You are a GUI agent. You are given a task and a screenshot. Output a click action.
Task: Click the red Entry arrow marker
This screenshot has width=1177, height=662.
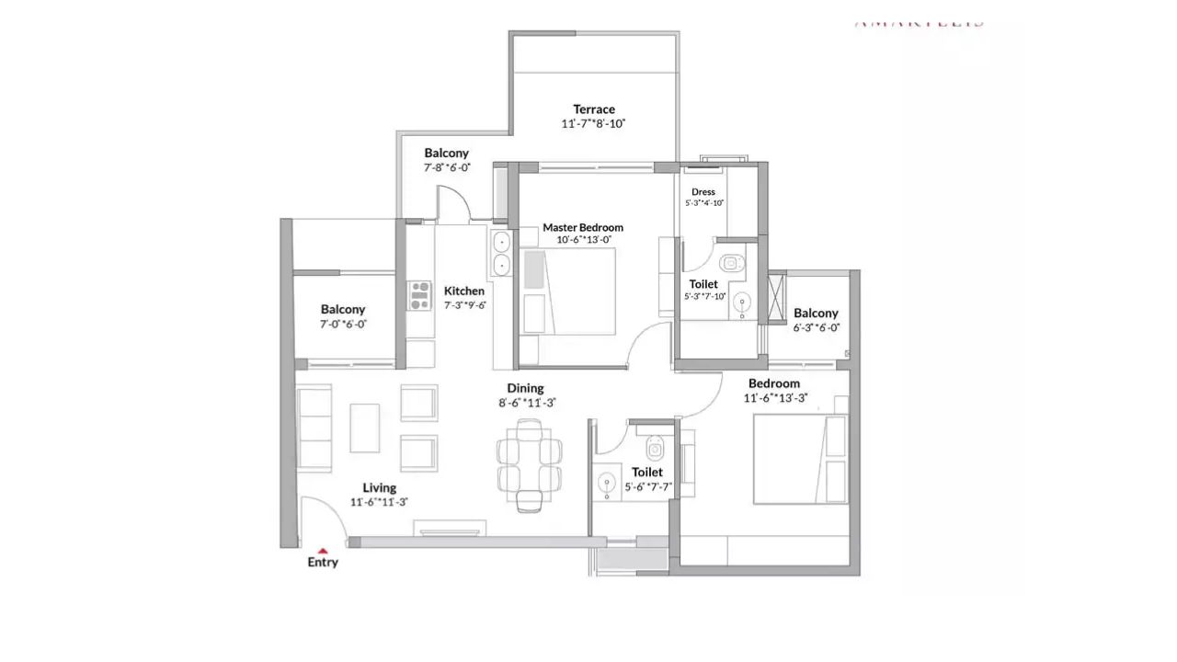(323, 551)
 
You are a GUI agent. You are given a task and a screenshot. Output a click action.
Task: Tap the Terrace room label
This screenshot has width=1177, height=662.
(594, 109)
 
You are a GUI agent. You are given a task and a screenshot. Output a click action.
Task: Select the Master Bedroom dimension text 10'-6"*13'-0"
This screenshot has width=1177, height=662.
(583, 240)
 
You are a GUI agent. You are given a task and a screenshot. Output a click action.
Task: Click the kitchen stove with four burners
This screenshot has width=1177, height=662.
(420, 295)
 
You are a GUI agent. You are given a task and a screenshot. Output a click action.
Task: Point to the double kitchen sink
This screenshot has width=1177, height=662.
(502, 254)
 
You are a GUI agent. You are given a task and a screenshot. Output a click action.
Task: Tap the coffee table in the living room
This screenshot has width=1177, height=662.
(364, 428)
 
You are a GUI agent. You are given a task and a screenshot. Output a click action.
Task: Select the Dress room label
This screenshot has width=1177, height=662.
(703, 192)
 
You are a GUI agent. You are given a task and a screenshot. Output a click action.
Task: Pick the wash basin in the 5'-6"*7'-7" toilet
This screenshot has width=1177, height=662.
(607, 484)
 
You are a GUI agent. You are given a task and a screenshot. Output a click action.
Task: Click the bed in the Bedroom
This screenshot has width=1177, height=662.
(799, 459)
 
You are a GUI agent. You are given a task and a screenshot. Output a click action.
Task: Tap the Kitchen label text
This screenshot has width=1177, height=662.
(464, 291)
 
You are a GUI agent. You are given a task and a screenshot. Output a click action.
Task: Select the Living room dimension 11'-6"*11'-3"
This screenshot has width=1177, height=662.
(379, 502)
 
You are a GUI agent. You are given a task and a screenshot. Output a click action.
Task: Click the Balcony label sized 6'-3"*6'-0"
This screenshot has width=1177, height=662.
(816, 314)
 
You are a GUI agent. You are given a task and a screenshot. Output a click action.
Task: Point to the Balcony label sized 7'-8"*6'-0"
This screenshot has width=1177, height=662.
(447, 154)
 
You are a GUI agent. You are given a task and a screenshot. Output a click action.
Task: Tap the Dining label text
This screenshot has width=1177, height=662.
(525, 388)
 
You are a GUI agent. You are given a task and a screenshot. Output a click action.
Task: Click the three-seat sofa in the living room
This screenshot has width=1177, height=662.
(314, 428)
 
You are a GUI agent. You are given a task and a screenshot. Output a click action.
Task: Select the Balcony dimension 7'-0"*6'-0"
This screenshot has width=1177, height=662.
(343, 325)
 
